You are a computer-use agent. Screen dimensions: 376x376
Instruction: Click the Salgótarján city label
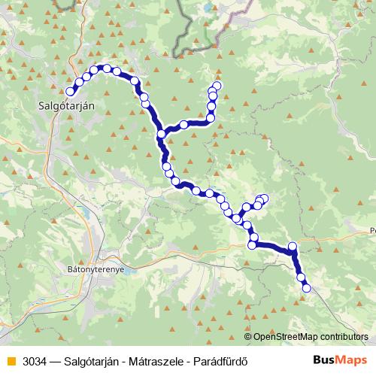click(x=66, y=106)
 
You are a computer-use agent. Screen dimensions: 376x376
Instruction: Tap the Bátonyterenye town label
click(x=94, y=267)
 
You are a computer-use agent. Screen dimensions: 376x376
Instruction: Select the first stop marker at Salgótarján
click(x=71, y=91)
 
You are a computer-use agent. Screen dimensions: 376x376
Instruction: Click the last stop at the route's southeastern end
click(x=306, y=288)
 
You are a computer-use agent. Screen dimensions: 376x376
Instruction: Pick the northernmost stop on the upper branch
click(x=218, y=85)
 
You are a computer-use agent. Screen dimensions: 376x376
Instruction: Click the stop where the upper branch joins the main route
click(x=161, y=134)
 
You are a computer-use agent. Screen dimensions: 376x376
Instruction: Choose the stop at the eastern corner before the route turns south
click(x=293, y=247)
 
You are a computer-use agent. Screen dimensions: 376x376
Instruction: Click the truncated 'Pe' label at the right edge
click(x=372, y=231)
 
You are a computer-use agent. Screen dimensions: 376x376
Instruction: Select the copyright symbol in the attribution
click(x=248, y=337)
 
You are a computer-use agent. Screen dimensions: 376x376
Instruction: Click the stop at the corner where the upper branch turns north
click(x=211, y=117)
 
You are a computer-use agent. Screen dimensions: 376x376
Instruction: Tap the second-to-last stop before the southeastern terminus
click(x=302, y=277)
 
